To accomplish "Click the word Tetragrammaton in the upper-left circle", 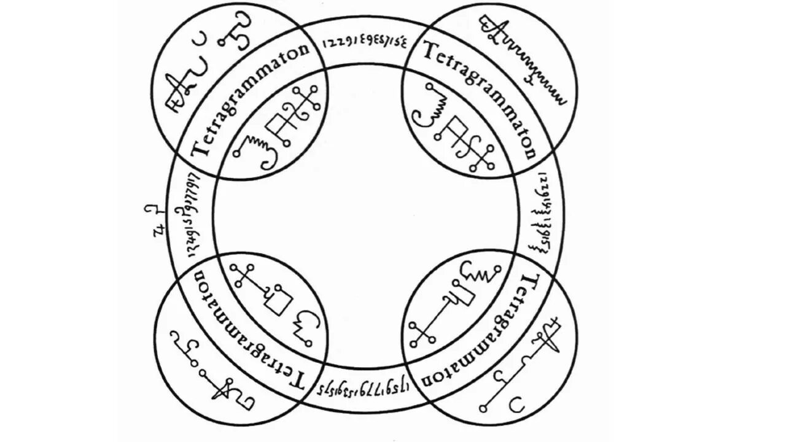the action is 252,101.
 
